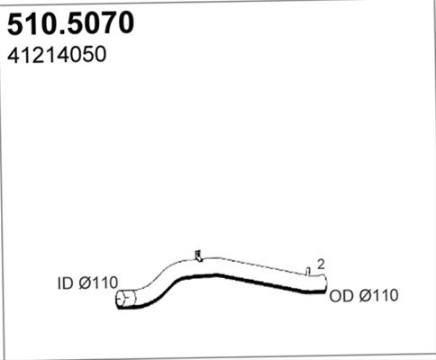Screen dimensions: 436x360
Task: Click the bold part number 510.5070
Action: pos(70,24)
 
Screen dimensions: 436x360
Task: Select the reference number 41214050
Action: pos(57,55)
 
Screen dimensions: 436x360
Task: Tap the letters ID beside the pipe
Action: pos(66,283)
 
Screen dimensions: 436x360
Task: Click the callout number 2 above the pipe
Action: pos(321,265)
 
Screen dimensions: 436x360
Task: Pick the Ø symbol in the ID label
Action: pos(86,283)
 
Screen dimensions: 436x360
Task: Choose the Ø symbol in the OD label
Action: pos(366,296)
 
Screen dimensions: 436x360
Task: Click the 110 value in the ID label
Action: pos(105,283)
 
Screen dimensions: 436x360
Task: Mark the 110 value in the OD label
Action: pos(386,296)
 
